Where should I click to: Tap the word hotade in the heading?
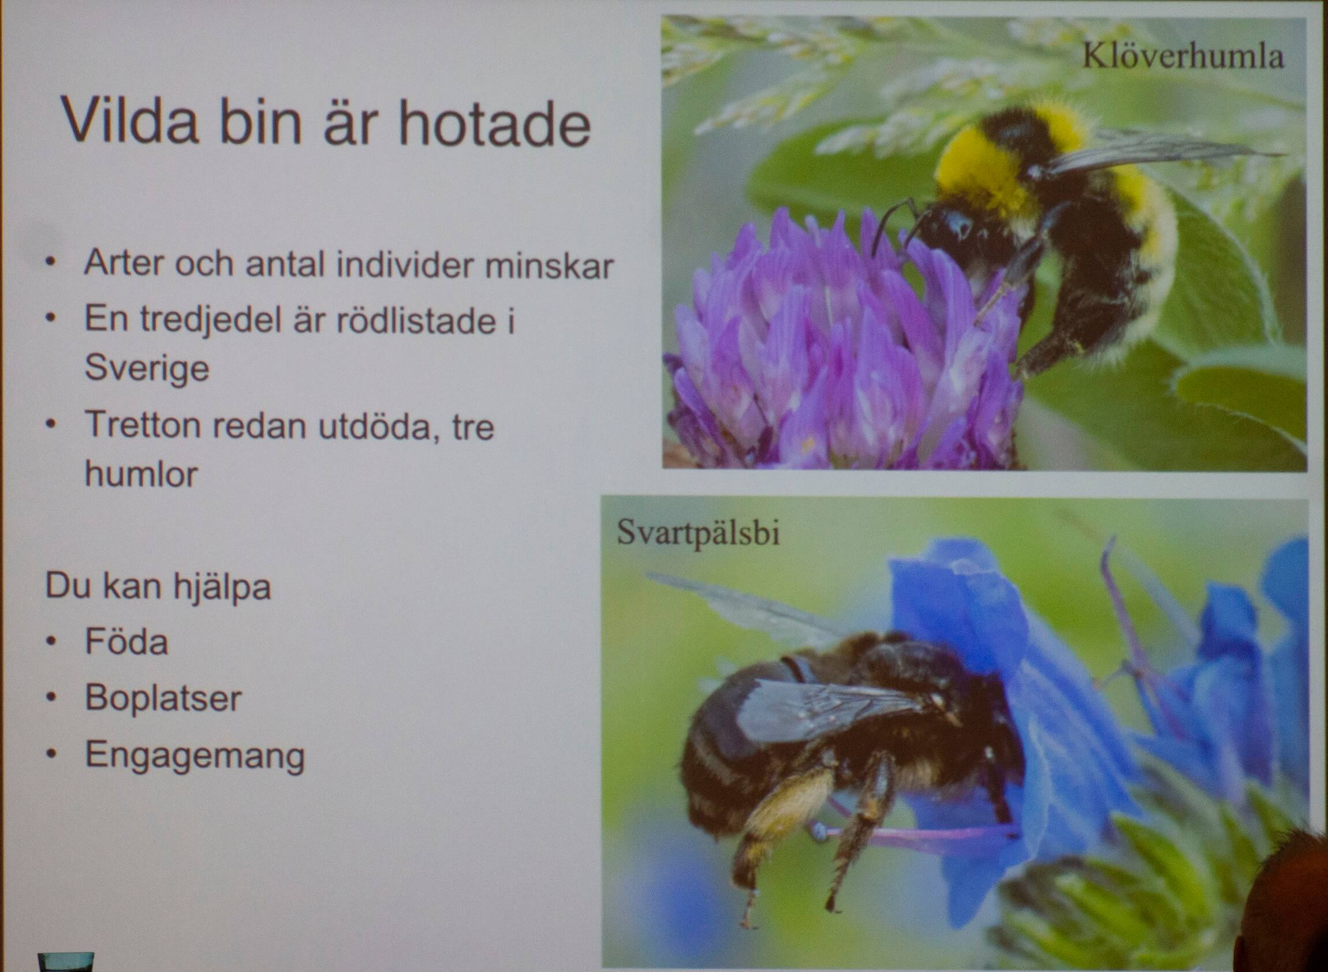click(x=495, y=124)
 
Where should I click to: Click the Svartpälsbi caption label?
click(x=698, y=533)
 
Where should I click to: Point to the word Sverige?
click(x=147, y=369)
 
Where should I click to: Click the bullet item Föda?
click(x=126, y=641)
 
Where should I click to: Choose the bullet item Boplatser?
click(x=163, y=699)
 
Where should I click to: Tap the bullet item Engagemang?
click(x=195, y=756)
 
